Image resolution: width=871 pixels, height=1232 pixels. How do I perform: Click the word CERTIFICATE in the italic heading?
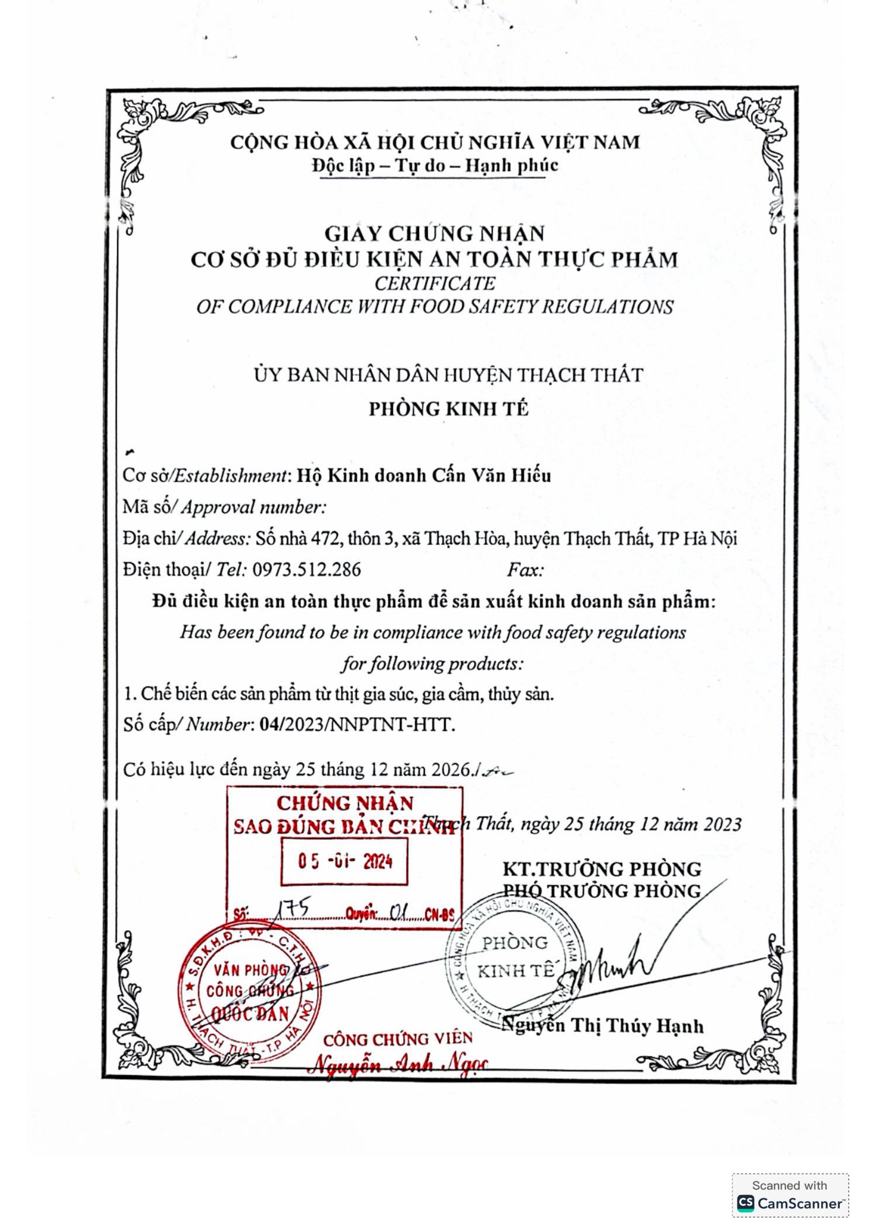[x=435, y=283]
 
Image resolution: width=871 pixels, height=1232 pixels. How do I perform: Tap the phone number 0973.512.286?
[x=307, y=569]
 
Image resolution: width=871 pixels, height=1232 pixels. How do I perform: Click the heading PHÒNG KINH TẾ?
[x=448, y=409]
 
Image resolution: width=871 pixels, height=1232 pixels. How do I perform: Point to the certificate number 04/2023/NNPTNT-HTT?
[x=357, y=725]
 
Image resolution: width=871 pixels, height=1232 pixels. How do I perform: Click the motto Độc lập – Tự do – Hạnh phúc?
[x=435, y=165]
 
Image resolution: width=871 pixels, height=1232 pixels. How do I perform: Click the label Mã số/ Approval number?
[x=224, y=507]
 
